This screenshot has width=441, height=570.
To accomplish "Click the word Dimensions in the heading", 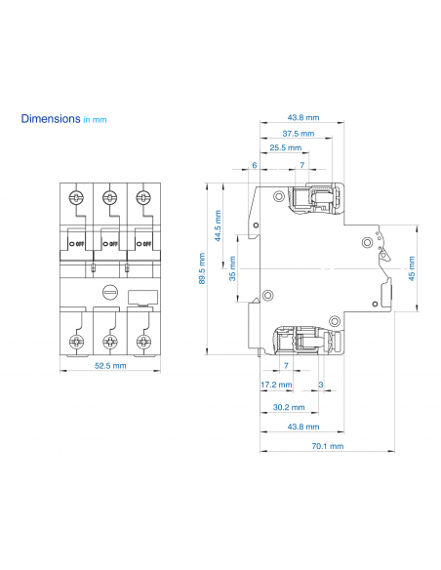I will [51, 118].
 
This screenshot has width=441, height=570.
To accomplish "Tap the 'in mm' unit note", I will [95, 119].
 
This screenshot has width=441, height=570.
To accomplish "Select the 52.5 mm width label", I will [109, 368].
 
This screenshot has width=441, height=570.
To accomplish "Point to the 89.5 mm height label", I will [202, 268].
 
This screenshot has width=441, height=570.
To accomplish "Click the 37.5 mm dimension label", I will [298, 133].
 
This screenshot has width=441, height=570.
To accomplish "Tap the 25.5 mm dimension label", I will [285, 147].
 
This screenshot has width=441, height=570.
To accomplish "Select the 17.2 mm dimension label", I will [273, 385].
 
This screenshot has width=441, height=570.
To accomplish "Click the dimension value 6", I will [254, 165].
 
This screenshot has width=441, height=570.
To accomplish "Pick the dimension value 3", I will [321, 385].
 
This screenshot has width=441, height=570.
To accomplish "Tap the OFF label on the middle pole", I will [111, 243].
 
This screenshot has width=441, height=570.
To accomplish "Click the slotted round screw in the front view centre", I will [109, 291].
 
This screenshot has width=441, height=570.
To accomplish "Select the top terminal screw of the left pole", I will [76, 198].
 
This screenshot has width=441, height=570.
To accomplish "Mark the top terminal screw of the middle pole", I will [109, 198].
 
